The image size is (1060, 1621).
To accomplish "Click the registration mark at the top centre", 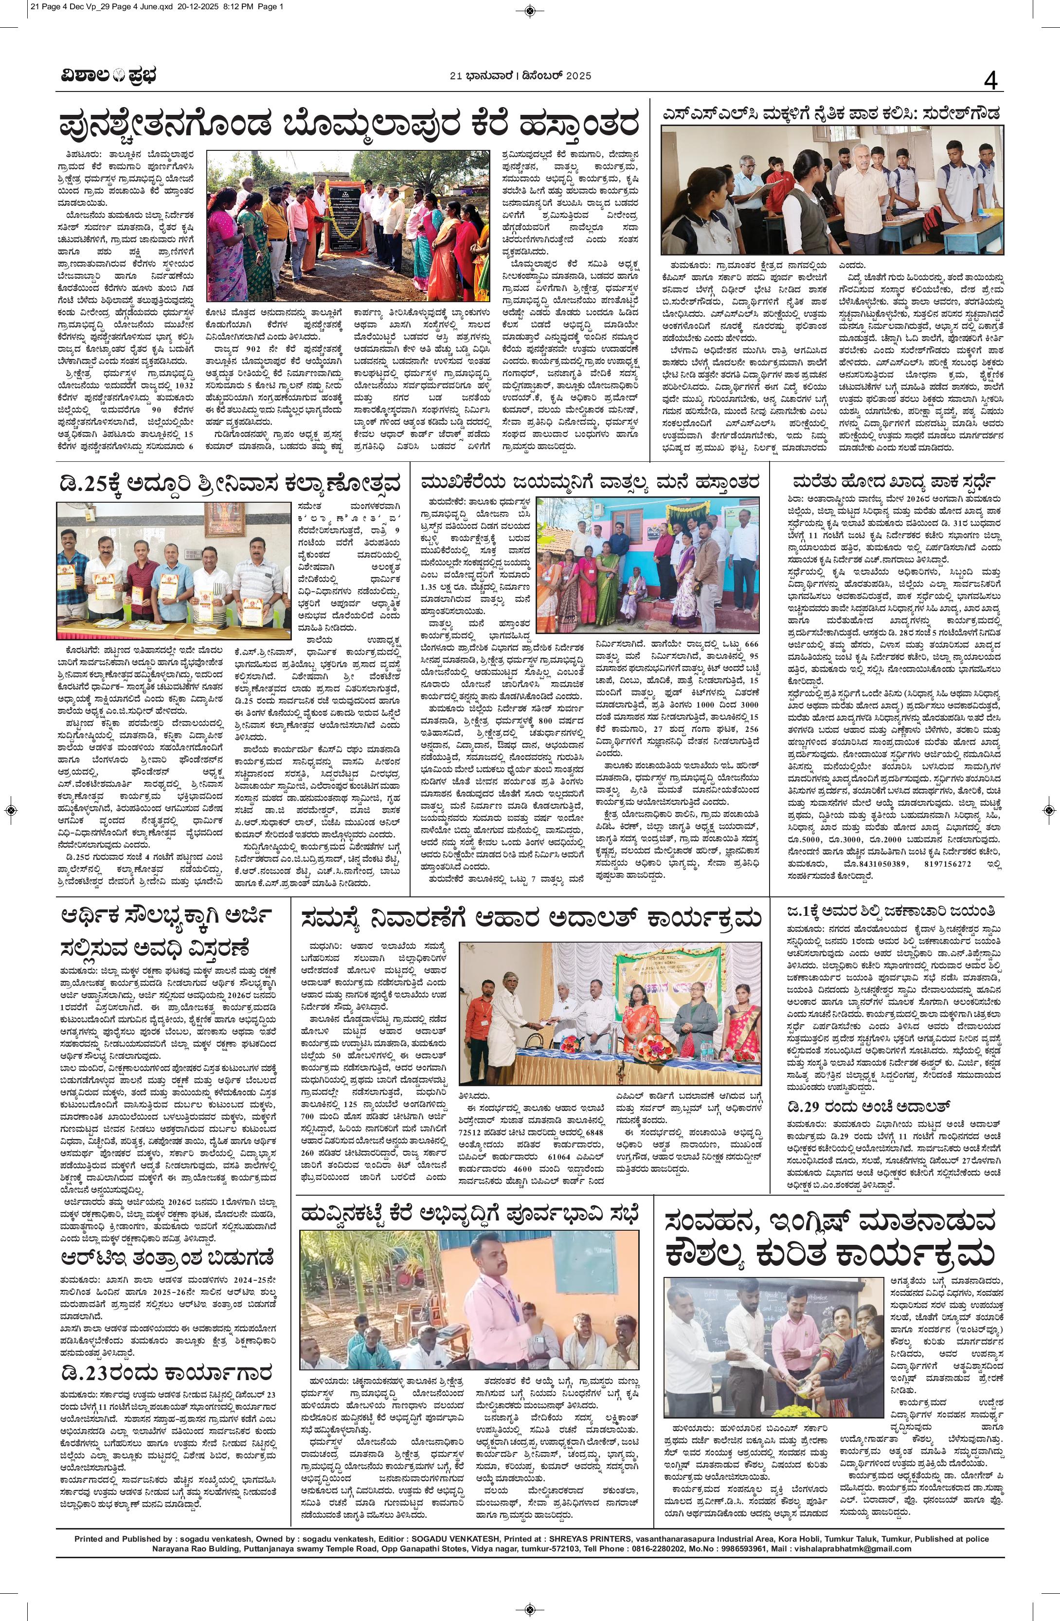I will [x=530, y=10].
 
